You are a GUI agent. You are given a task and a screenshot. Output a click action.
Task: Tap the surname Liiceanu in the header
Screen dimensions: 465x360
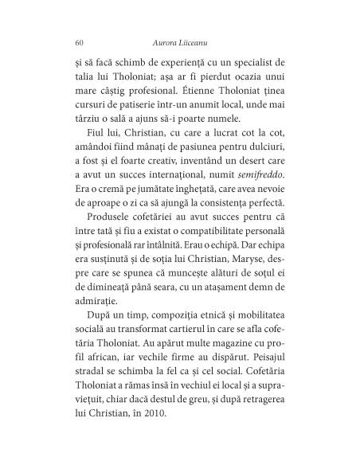199,42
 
